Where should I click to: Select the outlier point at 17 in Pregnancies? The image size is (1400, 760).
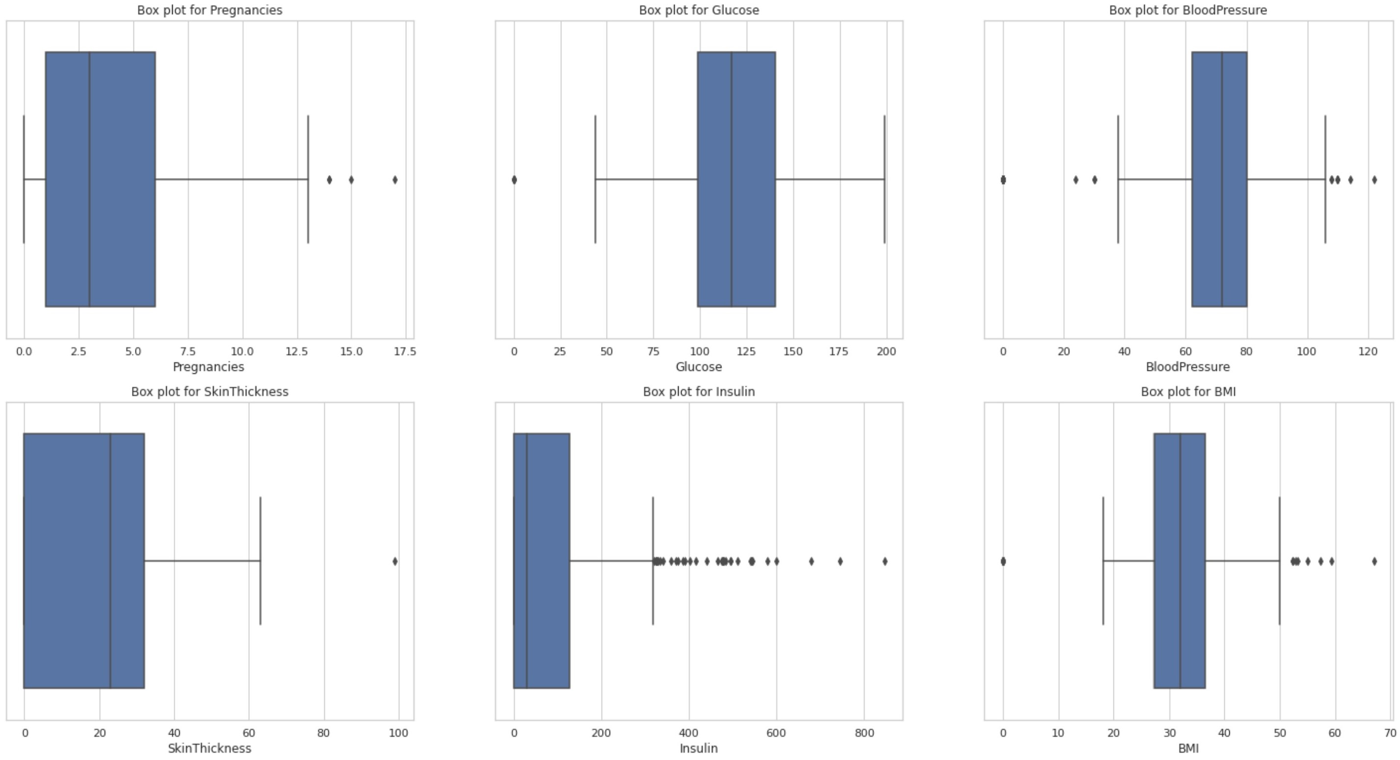coord(395,180)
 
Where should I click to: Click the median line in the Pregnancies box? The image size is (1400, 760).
coord(89,179)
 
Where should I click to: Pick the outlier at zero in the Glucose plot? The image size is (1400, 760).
coord(514,180)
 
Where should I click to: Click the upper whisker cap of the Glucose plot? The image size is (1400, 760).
coord(884,179)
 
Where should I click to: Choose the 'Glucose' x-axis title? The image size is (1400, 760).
coord(698,367)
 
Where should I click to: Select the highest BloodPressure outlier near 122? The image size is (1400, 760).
coord(1374,180)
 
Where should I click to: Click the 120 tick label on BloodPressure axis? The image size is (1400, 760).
coord(1368,352)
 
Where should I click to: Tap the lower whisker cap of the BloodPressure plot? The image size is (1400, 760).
coord(1118,179)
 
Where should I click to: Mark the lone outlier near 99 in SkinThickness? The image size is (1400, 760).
coord(395,561)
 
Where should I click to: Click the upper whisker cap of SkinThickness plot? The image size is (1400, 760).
coord(261,561)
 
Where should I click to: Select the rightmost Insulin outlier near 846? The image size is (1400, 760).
coord(885,561)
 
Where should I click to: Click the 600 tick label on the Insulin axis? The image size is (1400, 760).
coord(776,734)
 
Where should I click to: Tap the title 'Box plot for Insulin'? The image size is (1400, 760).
coord(698,392)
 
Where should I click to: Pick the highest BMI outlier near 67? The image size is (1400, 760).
coord(1374,561)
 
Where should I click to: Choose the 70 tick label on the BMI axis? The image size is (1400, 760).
coord(1390,734)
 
